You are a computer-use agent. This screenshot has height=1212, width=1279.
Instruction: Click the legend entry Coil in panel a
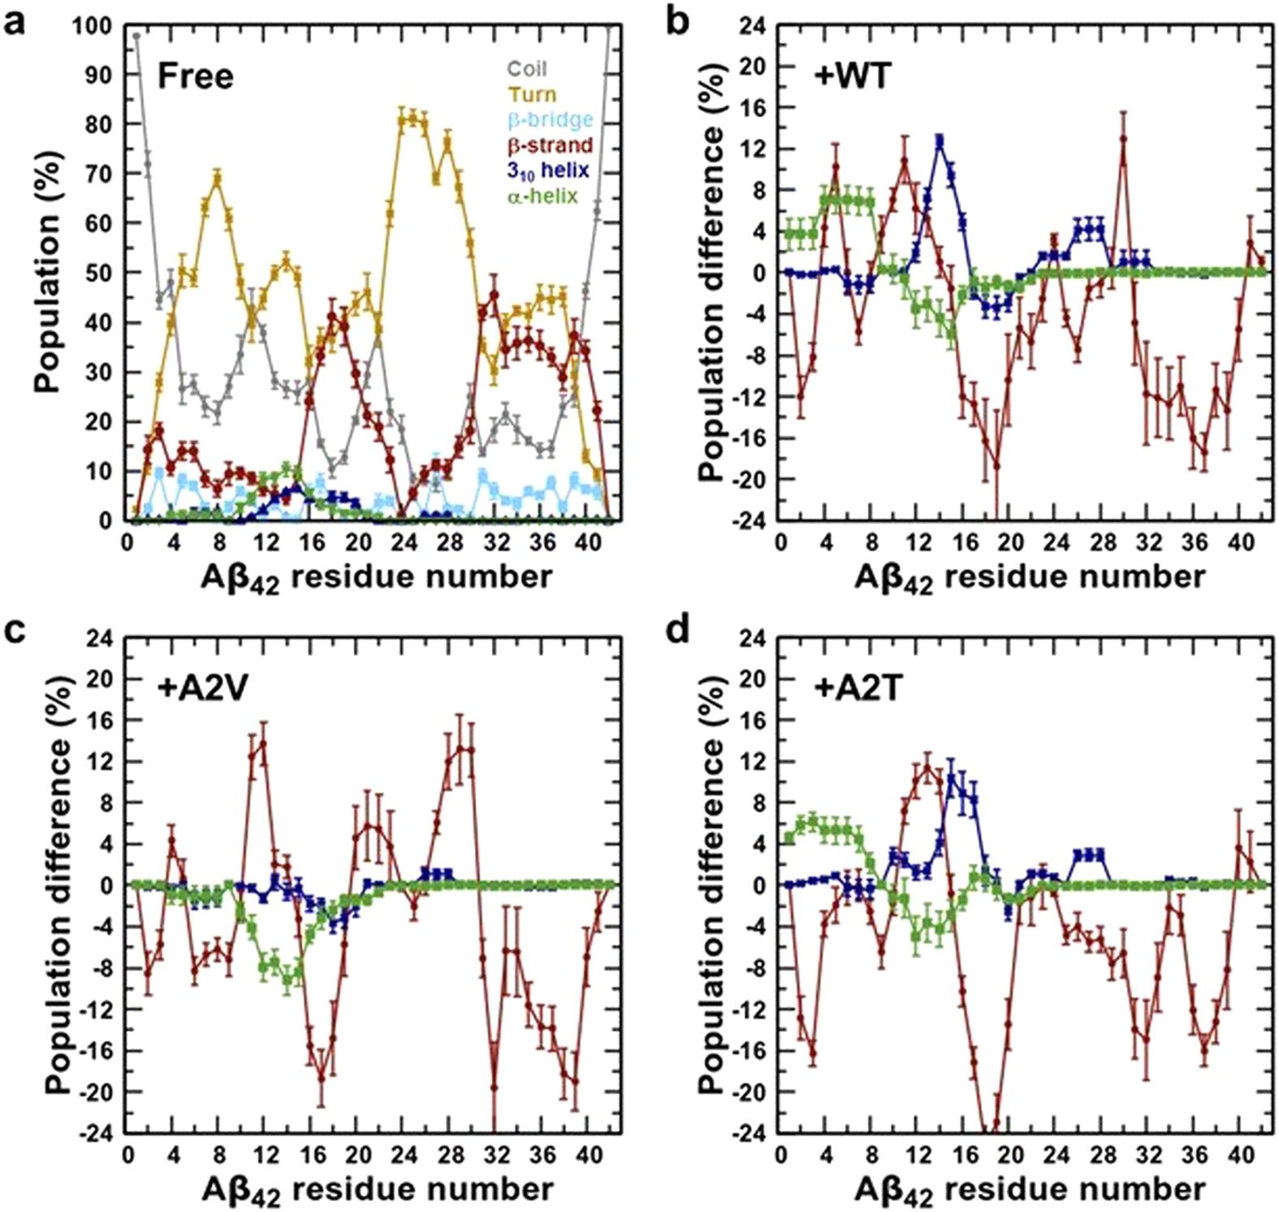[x=528, y=69]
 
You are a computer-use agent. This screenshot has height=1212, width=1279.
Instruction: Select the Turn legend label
[x=532, y=94]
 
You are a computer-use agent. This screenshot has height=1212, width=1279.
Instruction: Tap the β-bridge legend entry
[x=550, y=120]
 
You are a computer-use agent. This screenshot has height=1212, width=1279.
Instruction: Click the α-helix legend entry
[x=542, y=196]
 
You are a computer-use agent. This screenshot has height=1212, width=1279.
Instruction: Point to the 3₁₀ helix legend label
[x=548, y=171]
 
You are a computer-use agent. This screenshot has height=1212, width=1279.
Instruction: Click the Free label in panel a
[x=195, y=76]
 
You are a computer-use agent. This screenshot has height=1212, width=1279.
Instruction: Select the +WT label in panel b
[x=852, y=76]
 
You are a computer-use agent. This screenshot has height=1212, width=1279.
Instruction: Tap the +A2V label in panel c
[x=202, y=688]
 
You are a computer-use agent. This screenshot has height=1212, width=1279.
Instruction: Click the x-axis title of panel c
[x=377, y=1190]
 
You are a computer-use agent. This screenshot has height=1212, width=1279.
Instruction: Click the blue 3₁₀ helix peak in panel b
[x=940, y=140]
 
